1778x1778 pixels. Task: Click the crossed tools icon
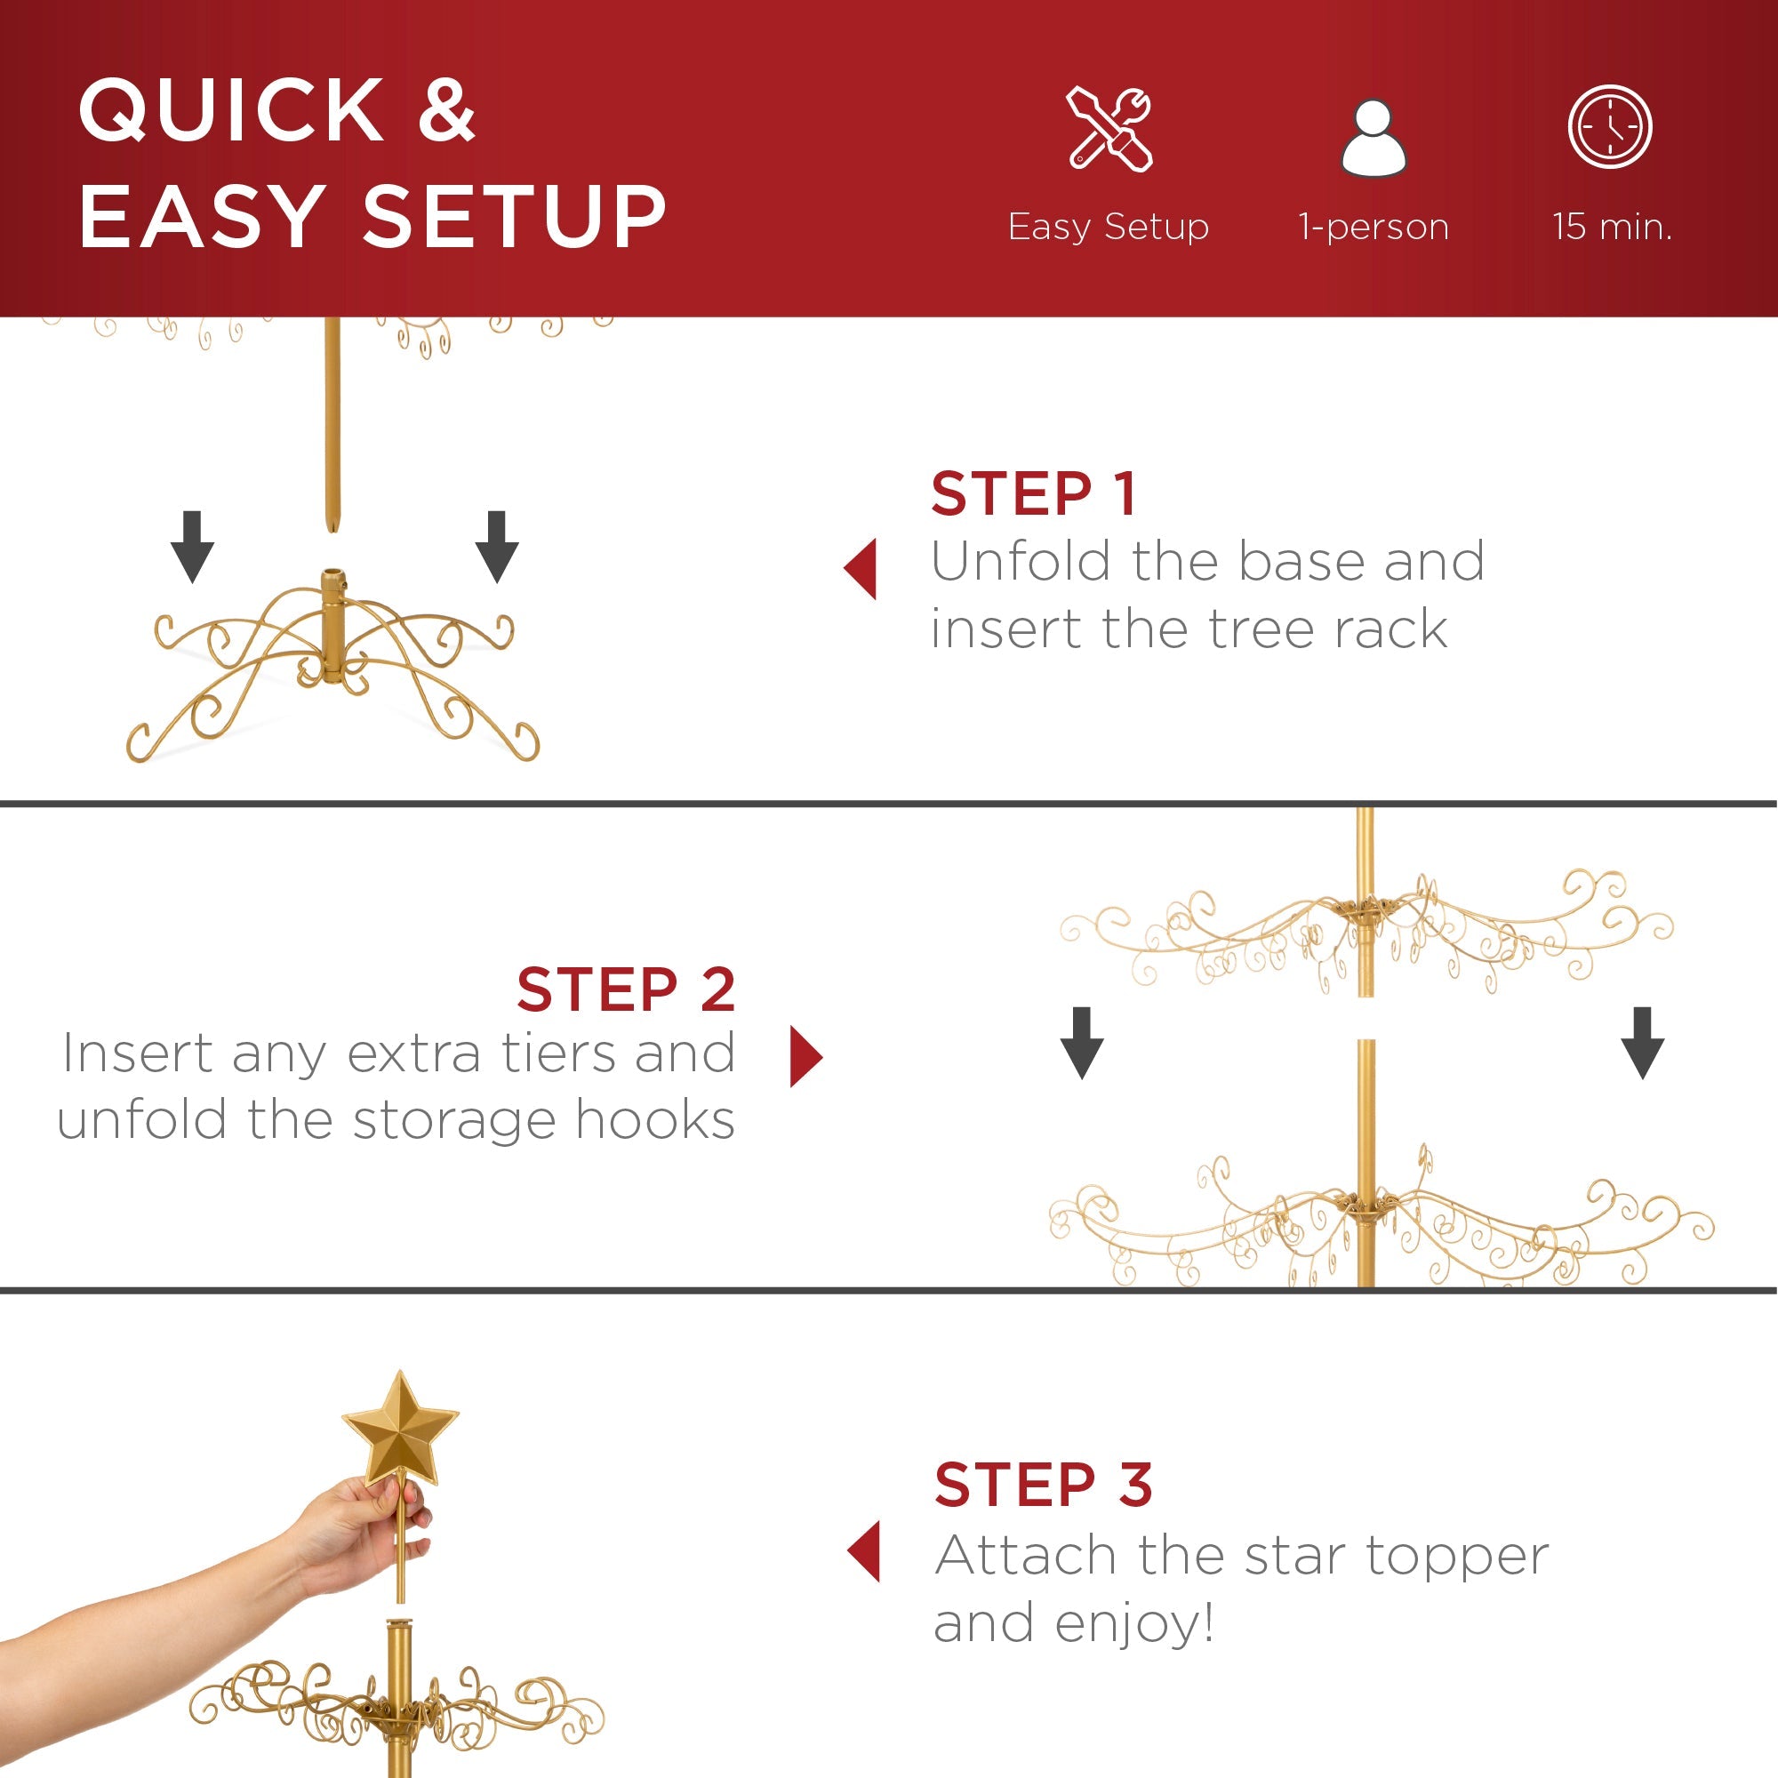pos(1109,129)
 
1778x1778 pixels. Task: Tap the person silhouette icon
pos(1374,138)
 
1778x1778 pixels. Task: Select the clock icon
pos(1610,127)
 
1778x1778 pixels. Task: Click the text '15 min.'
pos(1612,227)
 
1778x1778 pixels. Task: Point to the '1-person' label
pos(1374,227)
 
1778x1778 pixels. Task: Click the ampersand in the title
pos(446,110)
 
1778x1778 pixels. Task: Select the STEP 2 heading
pos(626,990)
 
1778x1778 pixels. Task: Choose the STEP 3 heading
pos(1043,1485)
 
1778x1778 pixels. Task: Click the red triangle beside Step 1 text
pos(861,569)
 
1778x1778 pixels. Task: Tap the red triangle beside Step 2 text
pos(805,1056)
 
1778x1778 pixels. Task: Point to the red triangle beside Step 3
pos(864,1550)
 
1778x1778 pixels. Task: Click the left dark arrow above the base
pos(192,547)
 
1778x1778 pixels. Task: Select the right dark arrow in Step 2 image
pos(1642,1043)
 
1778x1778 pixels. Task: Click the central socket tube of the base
pos(333,626)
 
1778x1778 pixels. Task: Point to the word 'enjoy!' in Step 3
pos(1133,1622)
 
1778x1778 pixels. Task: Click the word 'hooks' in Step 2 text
pos(654,1120)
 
